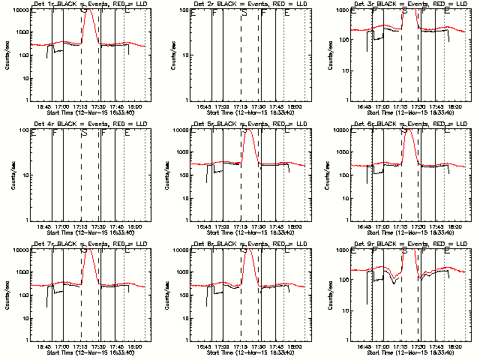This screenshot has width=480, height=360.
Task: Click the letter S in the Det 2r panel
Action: [x=244, y=13]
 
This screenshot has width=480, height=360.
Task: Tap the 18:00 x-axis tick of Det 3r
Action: [x=455, y=105]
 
